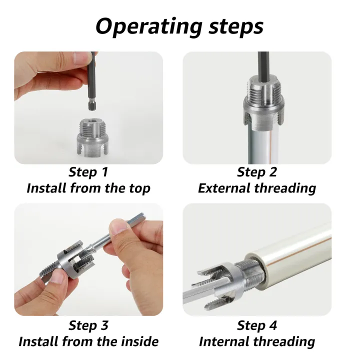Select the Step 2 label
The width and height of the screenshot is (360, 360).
[257, 172]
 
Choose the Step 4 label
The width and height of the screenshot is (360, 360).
[257, 325]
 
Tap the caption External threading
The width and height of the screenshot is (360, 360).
[257, 188]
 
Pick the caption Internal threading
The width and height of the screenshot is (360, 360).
[257, 342]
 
